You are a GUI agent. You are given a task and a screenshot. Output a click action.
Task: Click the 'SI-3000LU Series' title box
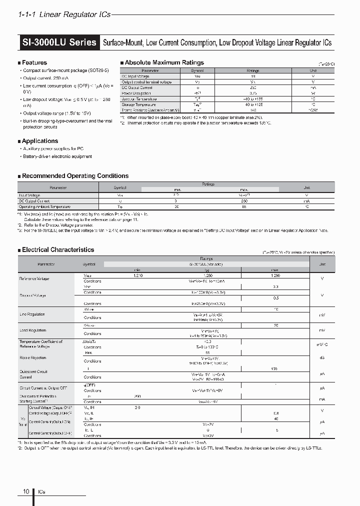click(59, 42)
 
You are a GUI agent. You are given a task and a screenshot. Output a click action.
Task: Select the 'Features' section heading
click(34, 62)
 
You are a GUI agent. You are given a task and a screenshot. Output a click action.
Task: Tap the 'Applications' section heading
click(39, 141)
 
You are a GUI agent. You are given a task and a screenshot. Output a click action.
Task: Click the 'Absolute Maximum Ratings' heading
click(163, 62)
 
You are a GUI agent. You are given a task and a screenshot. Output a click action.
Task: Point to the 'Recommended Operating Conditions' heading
click(75, 176)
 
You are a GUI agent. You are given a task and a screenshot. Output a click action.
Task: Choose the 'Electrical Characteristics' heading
click(57, 249)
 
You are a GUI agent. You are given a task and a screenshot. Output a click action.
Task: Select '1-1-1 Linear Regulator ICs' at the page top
click(64, 15)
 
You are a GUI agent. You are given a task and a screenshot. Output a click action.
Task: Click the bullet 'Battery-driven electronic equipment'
click(57, 156)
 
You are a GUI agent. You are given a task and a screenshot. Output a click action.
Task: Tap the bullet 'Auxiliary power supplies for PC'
click(53, 148)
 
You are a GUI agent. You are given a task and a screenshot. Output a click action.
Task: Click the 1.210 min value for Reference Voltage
click(138, 275)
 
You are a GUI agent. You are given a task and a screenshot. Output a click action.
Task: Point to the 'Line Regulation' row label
click(32, 314)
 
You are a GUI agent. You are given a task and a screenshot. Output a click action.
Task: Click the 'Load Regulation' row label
click(32, 330)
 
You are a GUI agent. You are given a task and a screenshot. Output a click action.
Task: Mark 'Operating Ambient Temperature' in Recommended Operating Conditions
click(44, 206)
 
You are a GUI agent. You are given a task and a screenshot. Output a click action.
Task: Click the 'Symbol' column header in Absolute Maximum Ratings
click(197, 70)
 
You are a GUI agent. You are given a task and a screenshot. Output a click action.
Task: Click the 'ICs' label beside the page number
click(41, 492)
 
